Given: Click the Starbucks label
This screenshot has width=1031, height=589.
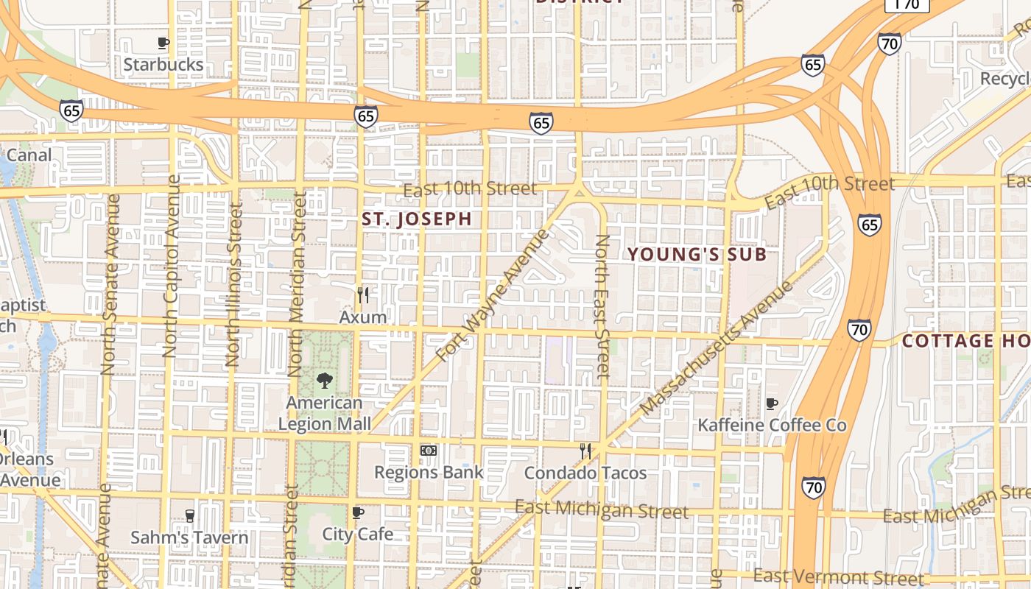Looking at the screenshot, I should pos(163,64).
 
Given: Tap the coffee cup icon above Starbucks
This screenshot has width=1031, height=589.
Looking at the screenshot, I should pos(163,43).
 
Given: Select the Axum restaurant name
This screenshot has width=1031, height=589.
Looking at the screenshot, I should pos(362,317).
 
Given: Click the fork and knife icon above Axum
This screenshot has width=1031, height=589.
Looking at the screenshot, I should pos(362,295).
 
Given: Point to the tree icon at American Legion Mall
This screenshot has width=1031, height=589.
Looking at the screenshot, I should pos(323,381).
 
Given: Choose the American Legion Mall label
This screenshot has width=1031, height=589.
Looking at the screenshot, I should pos(324,413).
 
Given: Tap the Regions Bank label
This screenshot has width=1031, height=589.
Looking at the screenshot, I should pos(429,472).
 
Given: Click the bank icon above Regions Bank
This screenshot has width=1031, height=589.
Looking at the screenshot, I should pos(429,450).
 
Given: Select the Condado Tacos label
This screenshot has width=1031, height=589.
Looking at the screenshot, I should pos(585,473).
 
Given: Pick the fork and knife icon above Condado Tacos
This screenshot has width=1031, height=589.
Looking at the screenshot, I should pos(585,451).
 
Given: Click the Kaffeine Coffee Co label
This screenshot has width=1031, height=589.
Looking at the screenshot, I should pos(772,425).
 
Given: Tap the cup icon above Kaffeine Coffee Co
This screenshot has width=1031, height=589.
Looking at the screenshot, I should pos(771,403).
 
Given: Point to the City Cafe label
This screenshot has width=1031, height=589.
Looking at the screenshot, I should pos(358,534).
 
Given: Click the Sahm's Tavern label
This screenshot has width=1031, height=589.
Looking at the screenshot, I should pos(189,537).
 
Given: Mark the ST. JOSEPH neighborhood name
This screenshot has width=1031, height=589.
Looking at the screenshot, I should pos(417,219).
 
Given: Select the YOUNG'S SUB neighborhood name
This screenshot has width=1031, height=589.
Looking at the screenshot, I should pos(697,255).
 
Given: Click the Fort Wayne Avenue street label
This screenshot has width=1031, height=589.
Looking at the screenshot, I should pos(493,295).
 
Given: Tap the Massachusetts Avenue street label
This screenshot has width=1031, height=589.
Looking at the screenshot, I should pos(717,348).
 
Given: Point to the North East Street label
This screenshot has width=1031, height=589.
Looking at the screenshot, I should pos(602,306).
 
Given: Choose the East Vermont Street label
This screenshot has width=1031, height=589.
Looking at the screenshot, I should pos(838,577).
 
